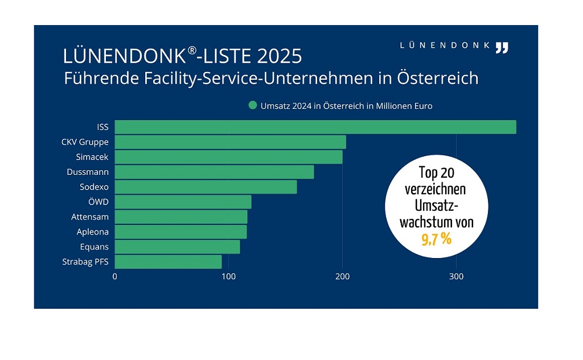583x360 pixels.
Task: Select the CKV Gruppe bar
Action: click(230, 142)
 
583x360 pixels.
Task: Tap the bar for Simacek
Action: click(228, 157)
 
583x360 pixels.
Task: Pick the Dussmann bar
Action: click(214, 172)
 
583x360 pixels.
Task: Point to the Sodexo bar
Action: click(206, 187)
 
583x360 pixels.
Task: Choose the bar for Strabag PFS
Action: click(168, 262)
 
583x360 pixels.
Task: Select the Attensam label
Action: click(90, 217)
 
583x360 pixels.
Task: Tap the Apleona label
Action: click(93, 232)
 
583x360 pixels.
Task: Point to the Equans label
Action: click(95, 247)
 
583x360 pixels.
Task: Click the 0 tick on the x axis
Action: click(115, 277)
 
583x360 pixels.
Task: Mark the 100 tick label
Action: click(228, 277)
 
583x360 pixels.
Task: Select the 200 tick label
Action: click(342, 277)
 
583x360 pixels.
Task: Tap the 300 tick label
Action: click(456, 277)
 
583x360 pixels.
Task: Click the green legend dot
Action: click(252, 106)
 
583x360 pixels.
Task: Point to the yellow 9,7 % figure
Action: click(437, 239)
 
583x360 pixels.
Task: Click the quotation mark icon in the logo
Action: click(501, 47)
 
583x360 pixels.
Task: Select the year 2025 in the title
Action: click(280, 56)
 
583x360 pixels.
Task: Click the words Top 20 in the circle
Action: click(437, 173)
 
